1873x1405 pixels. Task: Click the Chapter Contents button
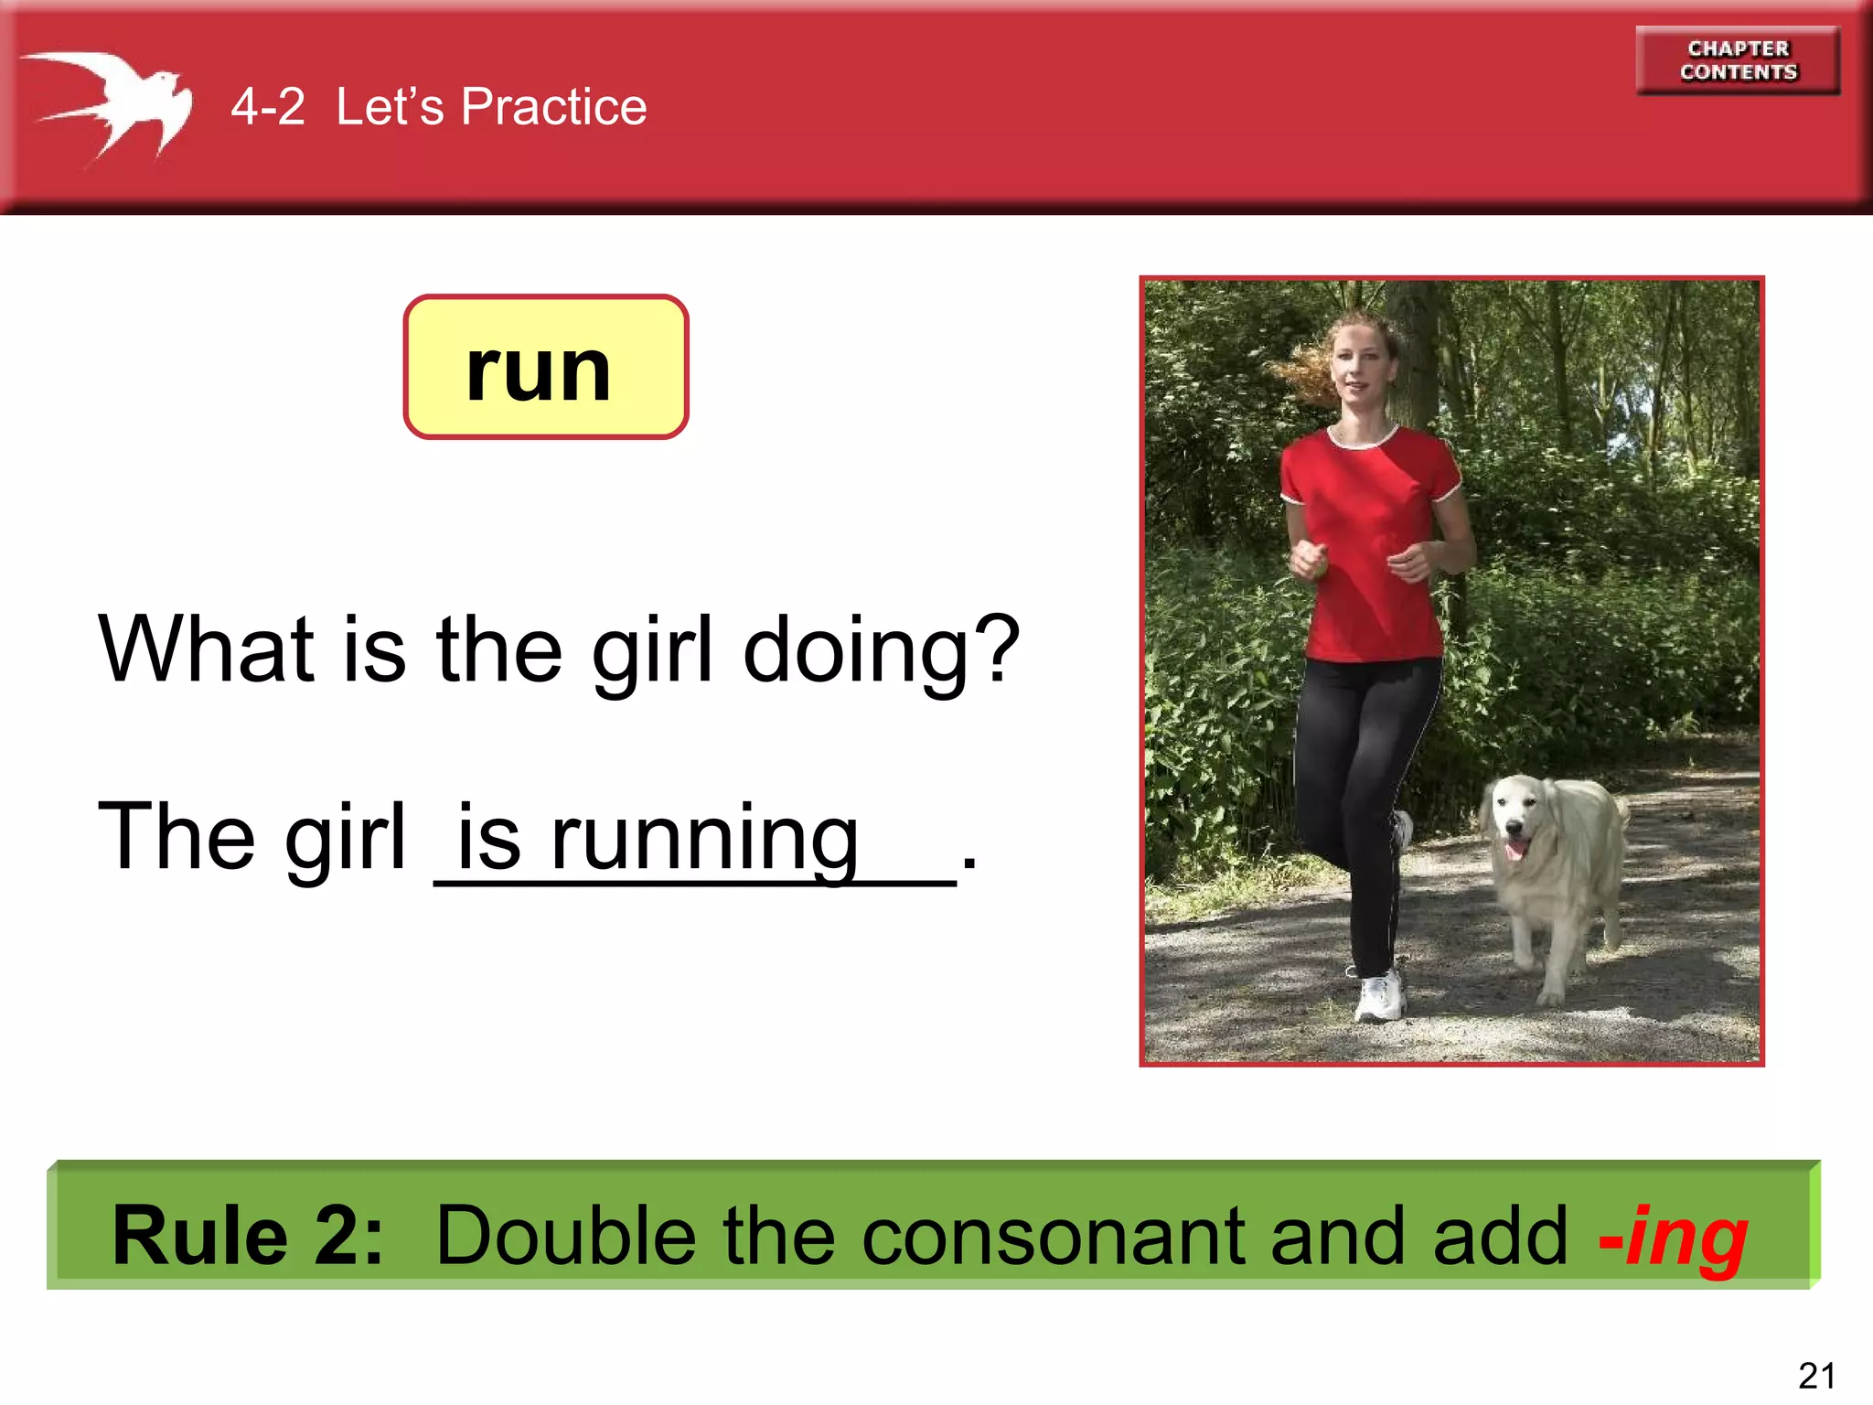click(x=1738, y=60)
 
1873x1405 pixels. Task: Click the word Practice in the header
click(x=553, y=107)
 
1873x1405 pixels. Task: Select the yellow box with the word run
click(x=546, y=367)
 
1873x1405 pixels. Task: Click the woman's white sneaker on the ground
click(x=1378, y=996)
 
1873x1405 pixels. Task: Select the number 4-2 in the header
click(x=267, y=107)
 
